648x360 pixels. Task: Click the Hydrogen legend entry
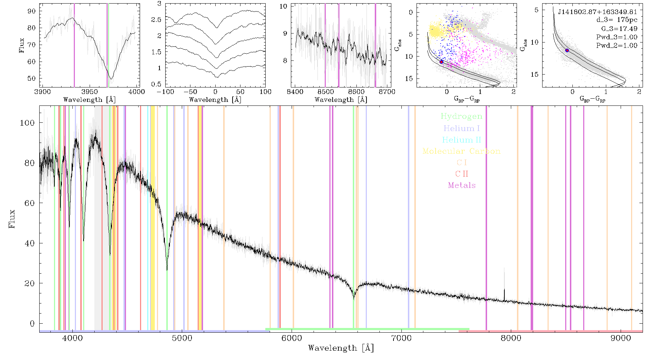[x=462, y=116]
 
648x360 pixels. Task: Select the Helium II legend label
[x=462, y=140]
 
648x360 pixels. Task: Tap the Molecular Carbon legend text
[x=462, y=151]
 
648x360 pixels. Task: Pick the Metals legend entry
[x=462, y=185]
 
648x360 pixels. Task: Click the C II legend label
[x=462, y=174]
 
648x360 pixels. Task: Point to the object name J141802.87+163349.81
[x=597, y=12]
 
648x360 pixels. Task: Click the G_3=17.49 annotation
[x=619, y=29]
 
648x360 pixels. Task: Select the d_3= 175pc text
[x=617, y=20]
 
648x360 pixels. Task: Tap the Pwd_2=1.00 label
[x=617, y=45]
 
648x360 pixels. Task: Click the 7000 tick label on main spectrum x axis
[x=401, y=338]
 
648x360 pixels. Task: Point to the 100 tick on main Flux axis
[x=27, y=123]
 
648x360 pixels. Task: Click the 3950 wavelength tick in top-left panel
[x=89, y=91]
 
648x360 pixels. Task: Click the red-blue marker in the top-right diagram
[x=567, y=50]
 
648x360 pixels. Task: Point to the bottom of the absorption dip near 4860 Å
[x=167, y=270]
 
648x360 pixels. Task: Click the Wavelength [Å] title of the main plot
[x=341, y=348]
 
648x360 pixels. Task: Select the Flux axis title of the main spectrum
[x=12, y=219]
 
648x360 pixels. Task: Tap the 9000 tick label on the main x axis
[x=621, y=338]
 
